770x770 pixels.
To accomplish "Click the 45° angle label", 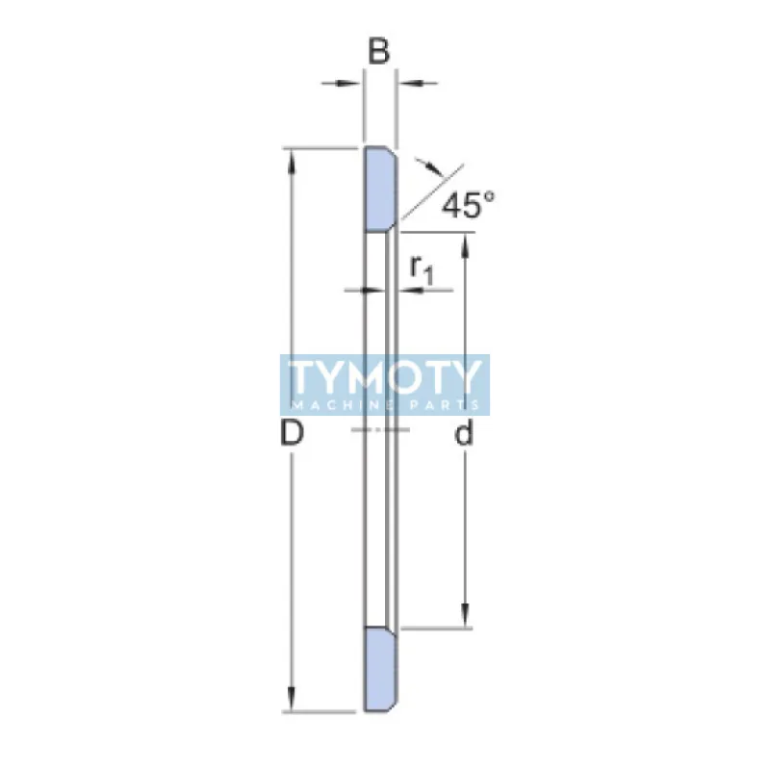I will pos(469,204).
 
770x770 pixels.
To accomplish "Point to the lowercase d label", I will pos(465,435).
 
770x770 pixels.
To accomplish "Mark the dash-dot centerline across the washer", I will pos(380,428).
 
